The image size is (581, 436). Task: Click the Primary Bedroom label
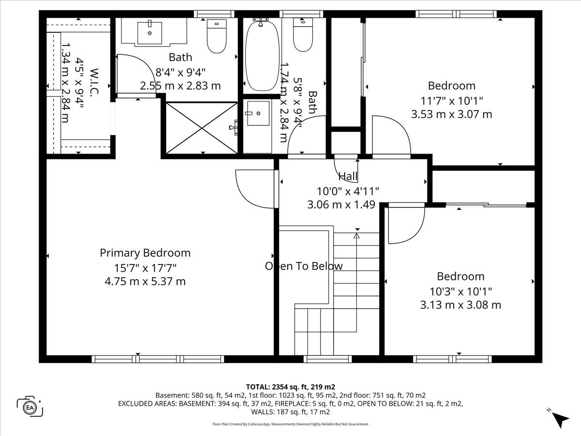pos(145,253)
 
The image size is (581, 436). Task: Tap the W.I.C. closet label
pos(94,82)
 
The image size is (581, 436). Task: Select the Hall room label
pos(348,176)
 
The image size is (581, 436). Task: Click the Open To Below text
pos(304,266)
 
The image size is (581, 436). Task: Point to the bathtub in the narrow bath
pos(262,57)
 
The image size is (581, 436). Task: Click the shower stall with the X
pos(202,128)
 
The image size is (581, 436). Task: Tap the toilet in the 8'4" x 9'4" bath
pos(216,36)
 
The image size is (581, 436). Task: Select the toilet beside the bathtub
pos(303,35)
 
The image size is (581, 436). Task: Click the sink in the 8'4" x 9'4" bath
pos(150,33)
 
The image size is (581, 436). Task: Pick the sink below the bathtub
pos(259,113)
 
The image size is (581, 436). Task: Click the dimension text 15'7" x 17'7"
pos(145,268)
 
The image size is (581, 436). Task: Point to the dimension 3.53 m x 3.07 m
pos(452,114)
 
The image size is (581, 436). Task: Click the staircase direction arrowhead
pos(356,235)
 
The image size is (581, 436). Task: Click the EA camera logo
pos(30,407)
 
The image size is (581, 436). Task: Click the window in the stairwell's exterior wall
pos(328,359)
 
